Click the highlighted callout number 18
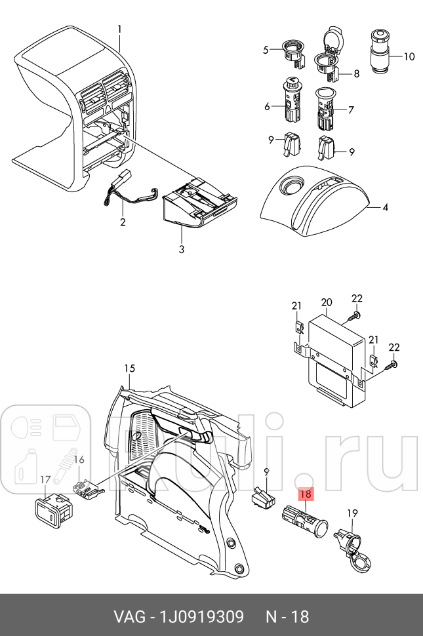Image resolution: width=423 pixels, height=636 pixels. coord(305,496)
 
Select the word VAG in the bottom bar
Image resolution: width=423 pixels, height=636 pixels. coord(130,616)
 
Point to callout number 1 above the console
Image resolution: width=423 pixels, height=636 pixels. coord(119,29)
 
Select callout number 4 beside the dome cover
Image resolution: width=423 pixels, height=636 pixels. coord(385,208)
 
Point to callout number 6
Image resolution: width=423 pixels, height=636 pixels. coord(267,107)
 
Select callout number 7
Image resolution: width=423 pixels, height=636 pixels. coord(351,110)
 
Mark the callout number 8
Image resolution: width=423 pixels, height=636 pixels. coord(356,74)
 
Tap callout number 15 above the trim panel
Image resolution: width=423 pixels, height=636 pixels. coord(129,368)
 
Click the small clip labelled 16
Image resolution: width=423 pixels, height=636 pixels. coord(87,488)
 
